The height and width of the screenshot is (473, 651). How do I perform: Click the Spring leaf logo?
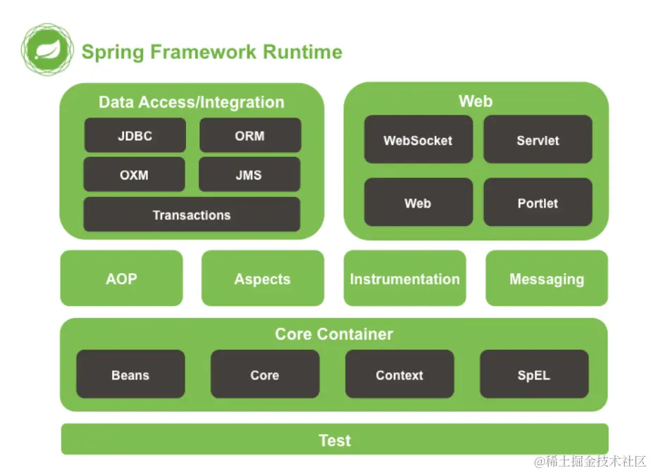pyautogui.click(x=47, y=49)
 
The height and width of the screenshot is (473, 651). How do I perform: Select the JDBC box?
pyautogui.click(x=135, y=135)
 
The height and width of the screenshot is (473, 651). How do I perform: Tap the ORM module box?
pyautogui.click(x=250, y=135)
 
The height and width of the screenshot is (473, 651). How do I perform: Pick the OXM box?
pyautogui.click(x=134, y=175)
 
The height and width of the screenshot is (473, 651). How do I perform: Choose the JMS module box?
pyautogui.click(x=249, y=175)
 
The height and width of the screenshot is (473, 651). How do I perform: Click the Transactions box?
pyautogui.click(x=192, y=215)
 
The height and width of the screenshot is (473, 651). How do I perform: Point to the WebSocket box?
pyautogui.click(x=418, y=140)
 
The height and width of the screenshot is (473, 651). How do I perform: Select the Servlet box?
pyautogui.click(x=538, y=140)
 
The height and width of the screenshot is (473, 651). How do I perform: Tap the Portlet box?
pyautogui.click(x=538, y=203)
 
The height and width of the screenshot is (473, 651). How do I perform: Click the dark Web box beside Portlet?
pyautogui.click(x=418, y=203)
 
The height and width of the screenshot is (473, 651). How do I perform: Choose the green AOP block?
pyautogui.click(x=121, y=278)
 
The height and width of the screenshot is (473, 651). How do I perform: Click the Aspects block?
pyautogui.click(x=262, y=278)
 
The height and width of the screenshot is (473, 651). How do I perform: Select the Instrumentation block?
pyautogui.click(x=404, y=278)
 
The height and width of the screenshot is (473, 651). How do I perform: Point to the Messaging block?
pyautogui.click(x=547, y=278)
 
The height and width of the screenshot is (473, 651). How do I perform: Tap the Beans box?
pyautogui.click(x=130, y=374)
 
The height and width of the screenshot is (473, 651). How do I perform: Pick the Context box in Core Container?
pyautogui.click(x=399, y=374)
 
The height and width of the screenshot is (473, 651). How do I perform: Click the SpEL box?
pyautogui.click(x=533, y=374)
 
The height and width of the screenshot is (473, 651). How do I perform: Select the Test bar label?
pyautogui.click(x=335, y=440)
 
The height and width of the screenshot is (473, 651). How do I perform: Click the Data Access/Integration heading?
pyautogui.click(x=191, y=102)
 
